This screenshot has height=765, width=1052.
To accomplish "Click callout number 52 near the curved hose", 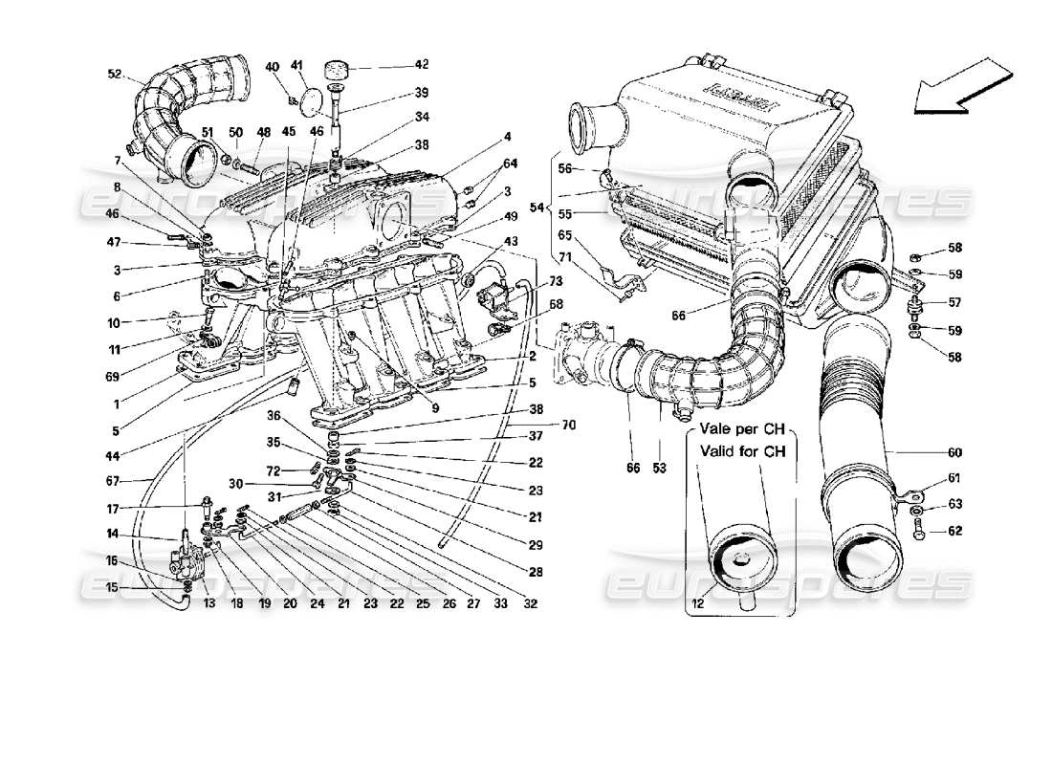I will point(115,73).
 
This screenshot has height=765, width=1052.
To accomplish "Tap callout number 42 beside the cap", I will point(422,65).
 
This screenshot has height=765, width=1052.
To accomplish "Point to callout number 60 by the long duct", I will point(954,452).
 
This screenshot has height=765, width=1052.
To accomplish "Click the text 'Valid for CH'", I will point(748,453).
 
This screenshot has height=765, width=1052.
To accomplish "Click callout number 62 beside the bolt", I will point(954,532).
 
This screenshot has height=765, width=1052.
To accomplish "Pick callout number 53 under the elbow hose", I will point(659,469).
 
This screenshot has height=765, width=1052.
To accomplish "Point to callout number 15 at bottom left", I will point(112,587).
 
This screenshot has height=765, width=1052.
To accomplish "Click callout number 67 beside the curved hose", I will point(113,481).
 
